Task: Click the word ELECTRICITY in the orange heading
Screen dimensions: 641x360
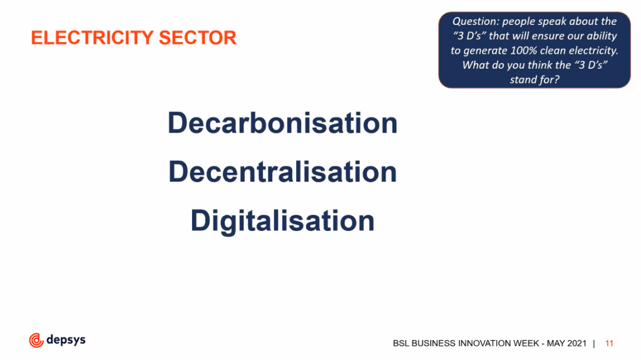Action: coord(93,38)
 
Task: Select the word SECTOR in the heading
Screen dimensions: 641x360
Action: coord(198,38)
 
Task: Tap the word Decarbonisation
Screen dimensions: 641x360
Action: coord(282,123)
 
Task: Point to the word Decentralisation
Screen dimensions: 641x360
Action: coord(282,172)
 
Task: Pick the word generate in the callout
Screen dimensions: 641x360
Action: coord(485,51)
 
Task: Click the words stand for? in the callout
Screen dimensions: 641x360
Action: coord(535,80)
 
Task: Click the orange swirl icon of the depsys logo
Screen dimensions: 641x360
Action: coord(36,341)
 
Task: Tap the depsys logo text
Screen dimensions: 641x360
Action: coord(66,340)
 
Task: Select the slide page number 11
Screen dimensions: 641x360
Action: coord(609,344)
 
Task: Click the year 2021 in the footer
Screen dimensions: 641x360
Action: coord(577,344)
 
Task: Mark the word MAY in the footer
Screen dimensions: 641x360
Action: coord(556,344)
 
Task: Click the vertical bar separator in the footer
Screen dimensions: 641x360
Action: coord(594,344)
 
